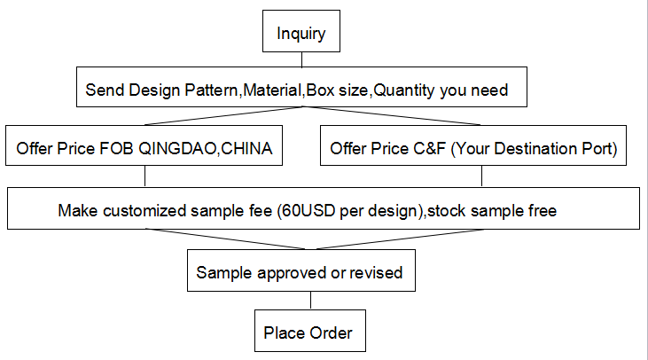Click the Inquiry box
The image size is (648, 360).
(301, 31)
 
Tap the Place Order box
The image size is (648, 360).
(310, 331)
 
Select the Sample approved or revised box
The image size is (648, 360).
(301, 270)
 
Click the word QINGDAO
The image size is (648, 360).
(177, 149)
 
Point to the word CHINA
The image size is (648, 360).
(246, 148)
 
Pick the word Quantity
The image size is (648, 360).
(403, 90)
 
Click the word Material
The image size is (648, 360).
(272, 90)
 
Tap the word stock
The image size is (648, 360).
(447, 211)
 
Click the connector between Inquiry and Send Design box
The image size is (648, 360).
(301, 59)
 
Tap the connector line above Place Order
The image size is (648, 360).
(311, 301)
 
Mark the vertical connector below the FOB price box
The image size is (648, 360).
(145, 176)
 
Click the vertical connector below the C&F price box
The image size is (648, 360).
(482, 176)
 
